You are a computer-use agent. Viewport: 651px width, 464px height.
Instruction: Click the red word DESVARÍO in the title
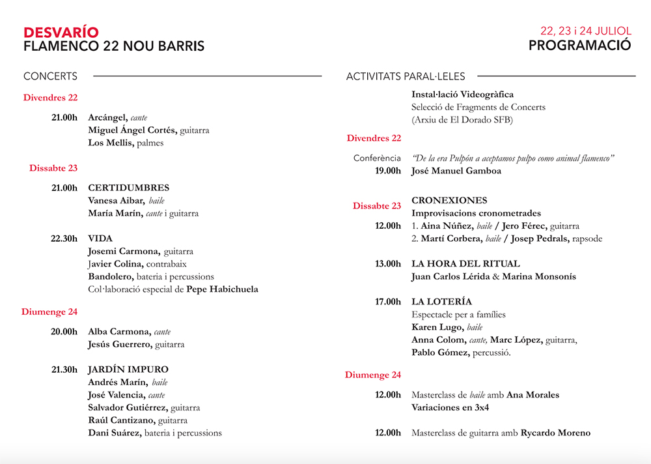61,32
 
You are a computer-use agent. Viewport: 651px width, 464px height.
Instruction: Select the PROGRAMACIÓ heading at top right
579,46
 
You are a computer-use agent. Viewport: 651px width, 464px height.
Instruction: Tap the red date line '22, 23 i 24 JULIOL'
586,31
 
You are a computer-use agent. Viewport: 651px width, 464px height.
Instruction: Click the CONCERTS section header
50,76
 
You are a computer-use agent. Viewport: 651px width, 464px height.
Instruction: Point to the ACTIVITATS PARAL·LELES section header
406,76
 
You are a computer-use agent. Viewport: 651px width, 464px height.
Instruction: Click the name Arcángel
107,118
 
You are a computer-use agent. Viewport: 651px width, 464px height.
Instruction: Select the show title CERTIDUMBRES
128,188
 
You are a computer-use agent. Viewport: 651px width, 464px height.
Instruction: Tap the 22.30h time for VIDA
64,239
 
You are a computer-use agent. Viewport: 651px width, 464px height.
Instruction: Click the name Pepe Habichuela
222,289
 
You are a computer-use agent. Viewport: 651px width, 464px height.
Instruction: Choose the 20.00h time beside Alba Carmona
64,332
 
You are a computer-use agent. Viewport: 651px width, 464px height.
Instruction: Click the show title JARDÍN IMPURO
128,370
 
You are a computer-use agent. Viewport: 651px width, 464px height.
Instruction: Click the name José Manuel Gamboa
456,171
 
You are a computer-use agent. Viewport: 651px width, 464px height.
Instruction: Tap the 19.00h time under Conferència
388,171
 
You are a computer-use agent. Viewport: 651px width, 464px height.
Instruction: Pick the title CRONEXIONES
449,200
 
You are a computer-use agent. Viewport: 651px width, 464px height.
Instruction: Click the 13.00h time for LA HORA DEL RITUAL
388,264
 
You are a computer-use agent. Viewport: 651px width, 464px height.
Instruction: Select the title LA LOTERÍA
441,302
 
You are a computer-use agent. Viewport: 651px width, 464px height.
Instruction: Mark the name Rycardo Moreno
555,433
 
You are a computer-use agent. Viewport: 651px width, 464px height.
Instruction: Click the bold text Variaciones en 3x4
450,407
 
